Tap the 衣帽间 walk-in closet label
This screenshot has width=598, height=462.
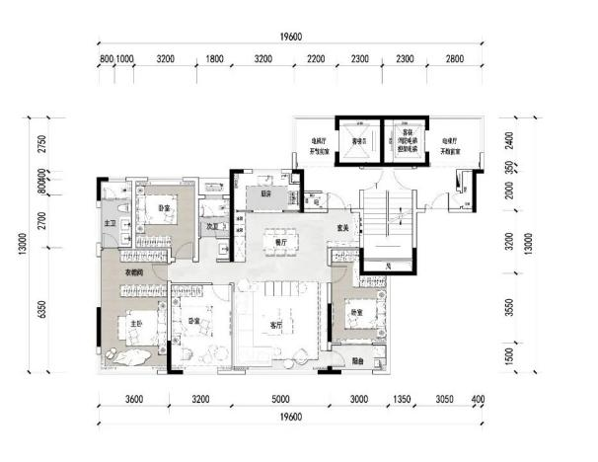[135, 272]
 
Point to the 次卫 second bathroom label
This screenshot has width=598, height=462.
[211, 226]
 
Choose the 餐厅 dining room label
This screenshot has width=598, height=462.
[280, 241]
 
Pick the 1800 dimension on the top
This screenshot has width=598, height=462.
[214, 59]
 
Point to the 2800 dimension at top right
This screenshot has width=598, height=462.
[453, 59]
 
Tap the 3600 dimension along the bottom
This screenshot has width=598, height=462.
[134, 400]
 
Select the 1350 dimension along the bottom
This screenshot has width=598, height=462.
[403, 400]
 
